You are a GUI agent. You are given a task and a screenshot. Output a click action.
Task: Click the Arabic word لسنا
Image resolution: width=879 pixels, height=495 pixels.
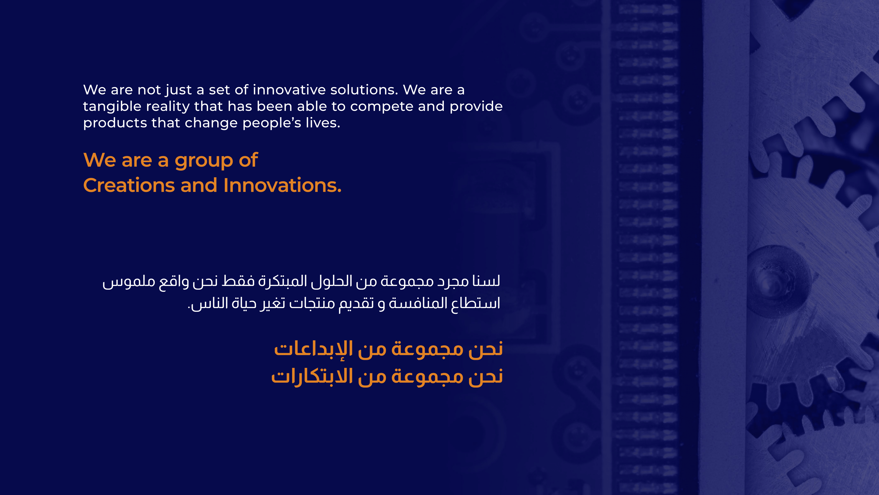coord(486,281)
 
